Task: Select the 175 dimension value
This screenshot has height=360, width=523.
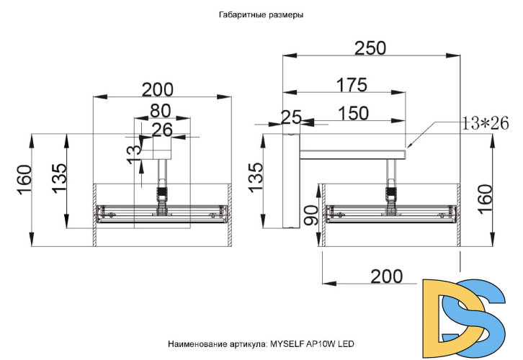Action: [x=352, y=85]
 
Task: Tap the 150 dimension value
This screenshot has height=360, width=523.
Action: [x=353, y=113]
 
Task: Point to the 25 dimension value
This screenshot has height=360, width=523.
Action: [x=290, y=116]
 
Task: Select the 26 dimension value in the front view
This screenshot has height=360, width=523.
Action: [x=162, y=130]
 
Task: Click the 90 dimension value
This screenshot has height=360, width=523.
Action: [x=310, y=215]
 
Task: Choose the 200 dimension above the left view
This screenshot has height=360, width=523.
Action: [x=157, y=89]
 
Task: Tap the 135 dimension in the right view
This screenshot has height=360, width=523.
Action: [x=254, y=177]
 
